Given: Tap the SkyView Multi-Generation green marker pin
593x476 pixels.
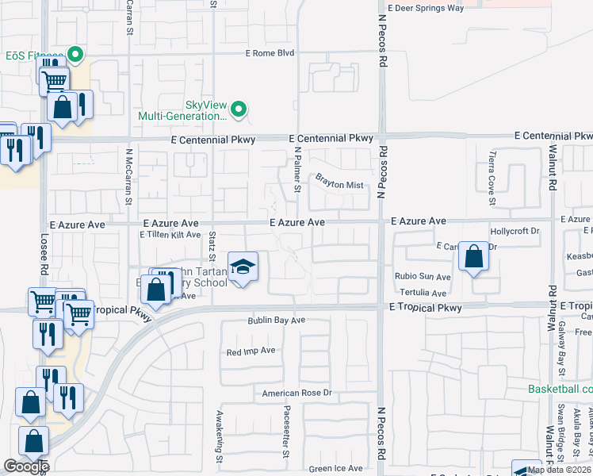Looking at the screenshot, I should (x=240, y=109).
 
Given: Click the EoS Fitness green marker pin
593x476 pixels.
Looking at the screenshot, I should (x=76, y=55).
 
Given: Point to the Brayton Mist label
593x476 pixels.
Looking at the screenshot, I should (x=339, y=185).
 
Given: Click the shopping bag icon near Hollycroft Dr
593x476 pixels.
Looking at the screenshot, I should (x=473, y=257).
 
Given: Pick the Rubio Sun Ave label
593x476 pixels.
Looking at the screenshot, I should (x=423, y=277).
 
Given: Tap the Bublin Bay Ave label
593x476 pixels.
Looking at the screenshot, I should (x=275, y=321).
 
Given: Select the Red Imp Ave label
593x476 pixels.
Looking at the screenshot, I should (x=251, y=351).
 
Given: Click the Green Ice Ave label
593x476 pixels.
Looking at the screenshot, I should (x=336, y=468).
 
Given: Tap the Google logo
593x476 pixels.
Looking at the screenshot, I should (x=26, y=466).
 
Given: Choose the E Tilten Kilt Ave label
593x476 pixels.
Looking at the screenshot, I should (x=170, y=235).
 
